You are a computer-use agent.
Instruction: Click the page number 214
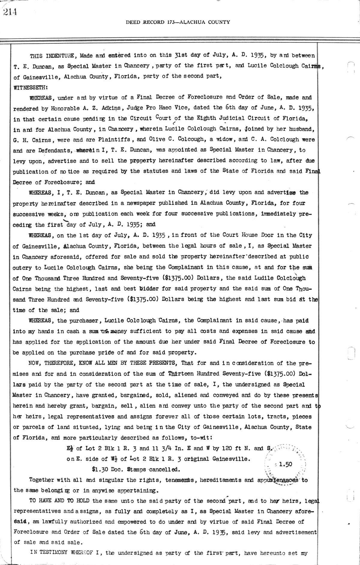coord(10,12)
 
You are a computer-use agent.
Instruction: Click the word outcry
coord(22,267)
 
